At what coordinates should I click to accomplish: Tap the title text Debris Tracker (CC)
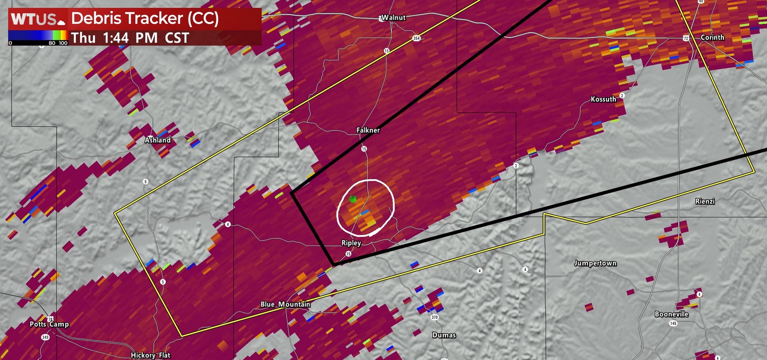coord(144,19)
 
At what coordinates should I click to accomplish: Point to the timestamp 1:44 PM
coord(130,37)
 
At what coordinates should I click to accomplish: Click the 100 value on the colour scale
coord(63,43)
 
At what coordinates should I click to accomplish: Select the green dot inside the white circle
coord(353,198)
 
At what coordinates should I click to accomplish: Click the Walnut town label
coord(393,18)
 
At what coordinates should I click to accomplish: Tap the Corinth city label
coord(712,37)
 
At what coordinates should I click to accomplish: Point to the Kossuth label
coord(603,99)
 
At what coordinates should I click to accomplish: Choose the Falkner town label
coord(368,130)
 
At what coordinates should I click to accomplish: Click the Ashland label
coord(158,140)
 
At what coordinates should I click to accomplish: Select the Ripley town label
coord(351,243)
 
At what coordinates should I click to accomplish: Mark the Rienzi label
coord(705,201)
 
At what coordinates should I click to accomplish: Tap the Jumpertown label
coord(595,263)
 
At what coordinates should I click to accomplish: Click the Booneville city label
coord(671,314)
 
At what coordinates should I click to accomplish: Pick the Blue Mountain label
coord(285,304)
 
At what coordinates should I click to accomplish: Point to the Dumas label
coord(444,335)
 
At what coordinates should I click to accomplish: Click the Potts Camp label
coord(49,324)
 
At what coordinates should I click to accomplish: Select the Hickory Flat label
coord(150,355)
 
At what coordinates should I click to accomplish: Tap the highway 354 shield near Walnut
coord(416,38)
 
